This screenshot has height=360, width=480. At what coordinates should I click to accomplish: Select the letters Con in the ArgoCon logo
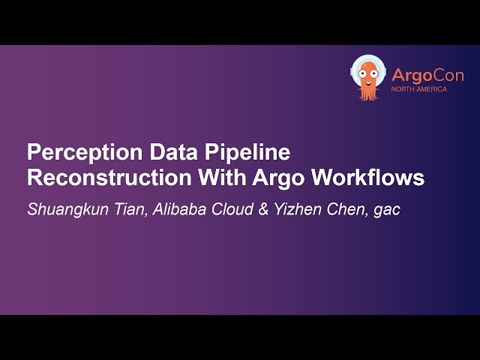click(x=448, y=75)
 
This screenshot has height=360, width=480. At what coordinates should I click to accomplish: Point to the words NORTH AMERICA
click(x=419, y=90)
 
